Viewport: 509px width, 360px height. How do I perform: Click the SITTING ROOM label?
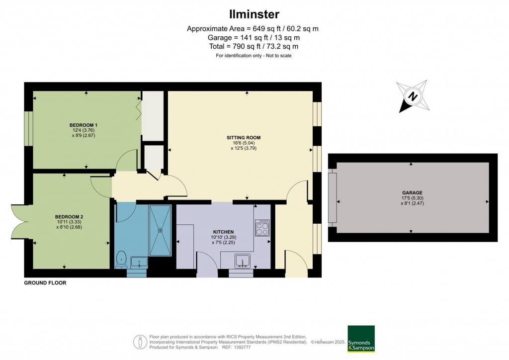244,137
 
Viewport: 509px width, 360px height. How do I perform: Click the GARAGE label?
413,192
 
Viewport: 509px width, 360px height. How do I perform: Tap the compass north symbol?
412,95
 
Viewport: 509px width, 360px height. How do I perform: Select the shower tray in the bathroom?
160,226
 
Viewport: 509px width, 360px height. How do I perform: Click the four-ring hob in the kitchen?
262,228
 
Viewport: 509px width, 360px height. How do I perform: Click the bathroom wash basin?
139,262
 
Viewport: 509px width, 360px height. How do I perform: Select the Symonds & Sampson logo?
361,339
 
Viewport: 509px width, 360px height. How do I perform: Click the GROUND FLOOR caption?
45,283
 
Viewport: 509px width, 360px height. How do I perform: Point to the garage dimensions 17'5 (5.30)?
412,198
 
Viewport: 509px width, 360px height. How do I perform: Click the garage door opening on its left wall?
332,197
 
